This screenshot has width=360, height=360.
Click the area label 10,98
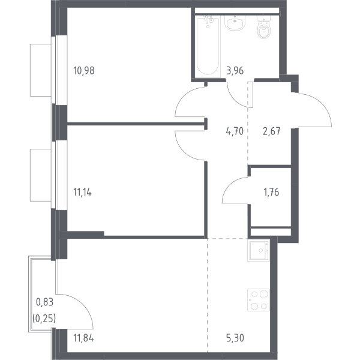tap(84, 71)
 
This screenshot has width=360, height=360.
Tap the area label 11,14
tap(82, 192)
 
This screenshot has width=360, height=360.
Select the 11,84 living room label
tap(83, 338)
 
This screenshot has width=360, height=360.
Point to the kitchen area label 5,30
tap(235, 338)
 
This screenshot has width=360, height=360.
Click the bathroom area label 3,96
tap(235, 71)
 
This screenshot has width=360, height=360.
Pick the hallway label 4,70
tap(235, 131)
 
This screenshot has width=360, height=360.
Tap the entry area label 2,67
tap(271, 131)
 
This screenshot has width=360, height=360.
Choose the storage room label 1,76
tap(271, 192)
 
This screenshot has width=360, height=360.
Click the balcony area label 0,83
tap(45, 302)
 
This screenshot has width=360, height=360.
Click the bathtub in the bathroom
tap(208, 46)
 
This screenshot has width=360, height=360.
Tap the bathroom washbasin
tap(235, 23)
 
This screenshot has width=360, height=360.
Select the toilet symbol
tap(263, 28)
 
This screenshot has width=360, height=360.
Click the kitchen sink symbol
tap(259, 250)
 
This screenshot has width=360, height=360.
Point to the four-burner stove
tap(259, 300)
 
